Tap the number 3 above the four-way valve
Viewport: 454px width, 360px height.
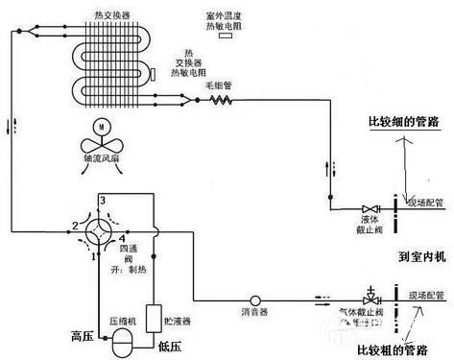tap(101, 199)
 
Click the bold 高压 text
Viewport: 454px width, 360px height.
tap(82, 335)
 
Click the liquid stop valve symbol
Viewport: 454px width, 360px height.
tap(367, 209)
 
